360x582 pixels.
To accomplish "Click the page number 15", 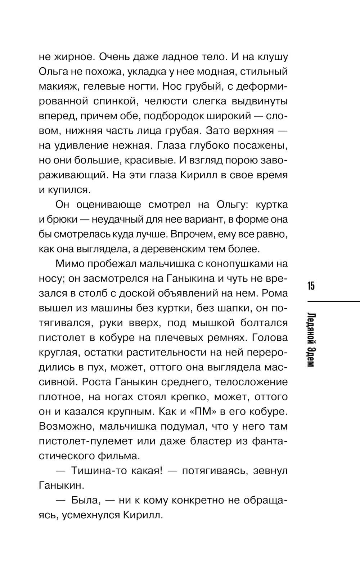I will (x=311, y=286).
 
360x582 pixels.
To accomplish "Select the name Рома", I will (x=275, y=293).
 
